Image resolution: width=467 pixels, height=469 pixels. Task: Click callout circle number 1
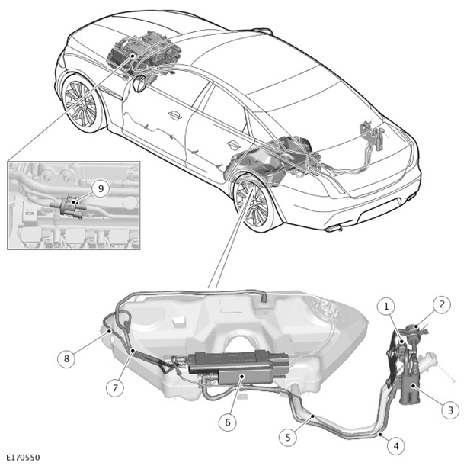386,307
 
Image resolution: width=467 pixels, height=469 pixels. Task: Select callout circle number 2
442,304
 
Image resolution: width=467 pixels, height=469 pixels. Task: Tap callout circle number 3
450,410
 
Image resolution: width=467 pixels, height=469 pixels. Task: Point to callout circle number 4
396,446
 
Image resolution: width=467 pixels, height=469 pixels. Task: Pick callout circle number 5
288,438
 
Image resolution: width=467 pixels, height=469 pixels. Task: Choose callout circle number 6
228,422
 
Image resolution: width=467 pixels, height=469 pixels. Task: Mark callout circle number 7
115,388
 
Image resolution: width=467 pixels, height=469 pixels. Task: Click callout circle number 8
66,358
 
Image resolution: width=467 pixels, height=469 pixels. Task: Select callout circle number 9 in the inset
101,188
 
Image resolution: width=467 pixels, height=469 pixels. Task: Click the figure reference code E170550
23,458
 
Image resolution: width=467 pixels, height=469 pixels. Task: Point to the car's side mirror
139,83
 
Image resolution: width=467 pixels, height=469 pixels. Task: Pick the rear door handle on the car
233,145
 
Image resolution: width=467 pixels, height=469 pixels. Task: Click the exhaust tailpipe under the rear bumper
334,229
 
